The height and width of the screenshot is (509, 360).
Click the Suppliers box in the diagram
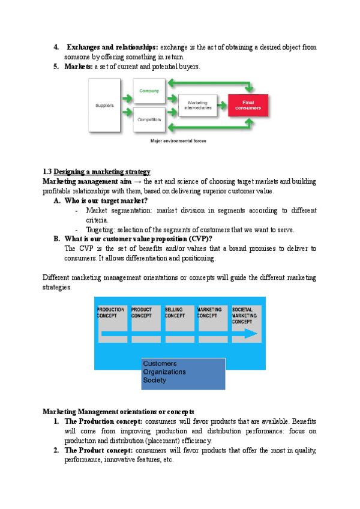pyautogui.click(x=105, y=106)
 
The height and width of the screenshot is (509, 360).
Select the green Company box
pyautogui.click(x=149, y=91)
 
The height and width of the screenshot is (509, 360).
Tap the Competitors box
pyautogui.click(x=149, y=119)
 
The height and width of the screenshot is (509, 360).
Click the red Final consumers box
pyautogui.click(x=249, y=106)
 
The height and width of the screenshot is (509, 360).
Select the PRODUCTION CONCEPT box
pyautogui.click(x=111, y=318)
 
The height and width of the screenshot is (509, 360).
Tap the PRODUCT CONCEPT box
pyautogui.click(x=145, y=318)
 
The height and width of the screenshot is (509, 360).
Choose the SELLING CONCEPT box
pyautogui.click(x=178, y=318)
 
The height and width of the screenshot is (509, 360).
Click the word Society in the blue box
pyautogui.click(x=155, y=381)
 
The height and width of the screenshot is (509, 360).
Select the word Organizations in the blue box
pyautogui.click(x=164, y=372)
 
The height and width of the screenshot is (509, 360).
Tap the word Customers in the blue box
pyautogui.click(x=160, y=364)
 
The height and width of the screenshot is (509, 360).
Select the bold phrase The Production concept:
pyautogui.click(x=104, y=421)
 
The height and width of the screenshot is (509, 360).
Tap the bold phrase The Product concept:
pyautogui.click(x=99, y=450)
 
